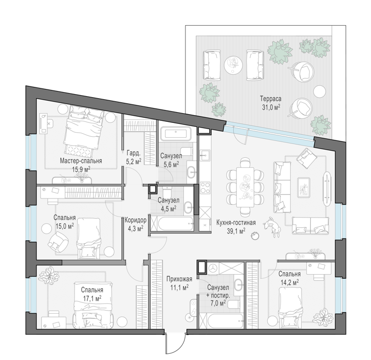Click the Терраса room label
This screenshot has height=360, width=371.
(x=271, y=98)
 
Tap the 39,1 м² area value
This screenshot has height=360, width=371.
(x=236, y=231)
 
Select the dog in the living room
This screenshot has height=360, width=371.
(x=272, y=227)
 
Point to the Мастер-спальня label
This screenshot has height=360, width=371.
(x=81, y=161)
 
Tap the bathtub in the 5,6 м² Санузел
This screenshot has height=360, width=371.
(x=176, y=134)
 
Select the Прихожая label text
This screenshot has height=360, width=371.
(x=179, y=279)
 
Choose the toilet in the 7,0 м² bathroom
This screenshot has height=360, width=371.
(x=233, y=304)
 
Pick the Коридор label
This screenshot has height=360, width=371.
(x=136, y=220)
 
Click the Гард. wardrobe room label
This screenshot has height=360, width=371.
(x=134, y=153)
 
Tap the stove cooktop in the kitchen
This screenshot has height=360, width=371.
(x=205, y=188)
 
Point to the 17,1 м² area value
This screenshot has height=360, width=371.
(x=92, y=298)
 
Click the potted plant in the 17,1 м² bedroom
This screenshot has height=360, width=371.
(x=49, y=276)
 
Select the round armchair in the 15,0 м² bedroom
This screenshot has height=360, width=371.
(x=58, y=242)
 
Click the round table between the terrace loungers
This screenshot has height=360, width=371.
(x=233, y=65)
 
